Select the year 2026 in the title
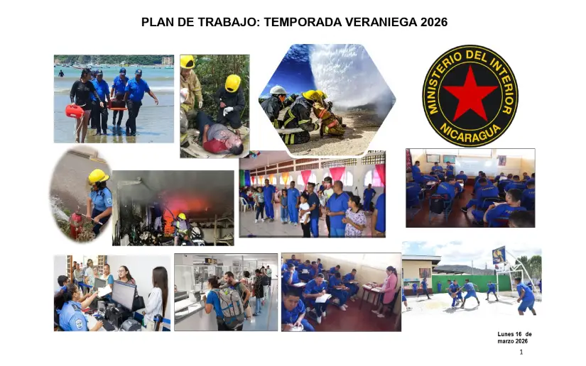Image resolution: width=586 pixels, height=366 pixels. (x=433, y=22)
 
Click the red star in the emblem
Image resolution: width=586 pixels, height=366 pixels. (x=470, y=94)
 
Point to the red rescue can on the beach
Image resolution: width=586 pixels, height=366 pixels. (x=74, y=111)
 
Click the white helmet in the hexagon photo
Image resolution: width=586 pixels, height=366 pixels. (x=278, y=91)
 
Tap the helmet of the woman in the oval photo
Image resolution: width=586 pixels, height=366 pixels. (x=98, y=176)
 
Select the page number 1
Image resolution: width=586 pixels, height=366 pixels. (x=521, y=352)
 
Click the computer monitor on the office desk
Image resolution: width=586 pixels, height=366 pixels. (x=123, y=294)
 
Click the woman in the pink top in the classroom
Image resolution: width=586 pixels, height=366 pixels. (x=388, y=287)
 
